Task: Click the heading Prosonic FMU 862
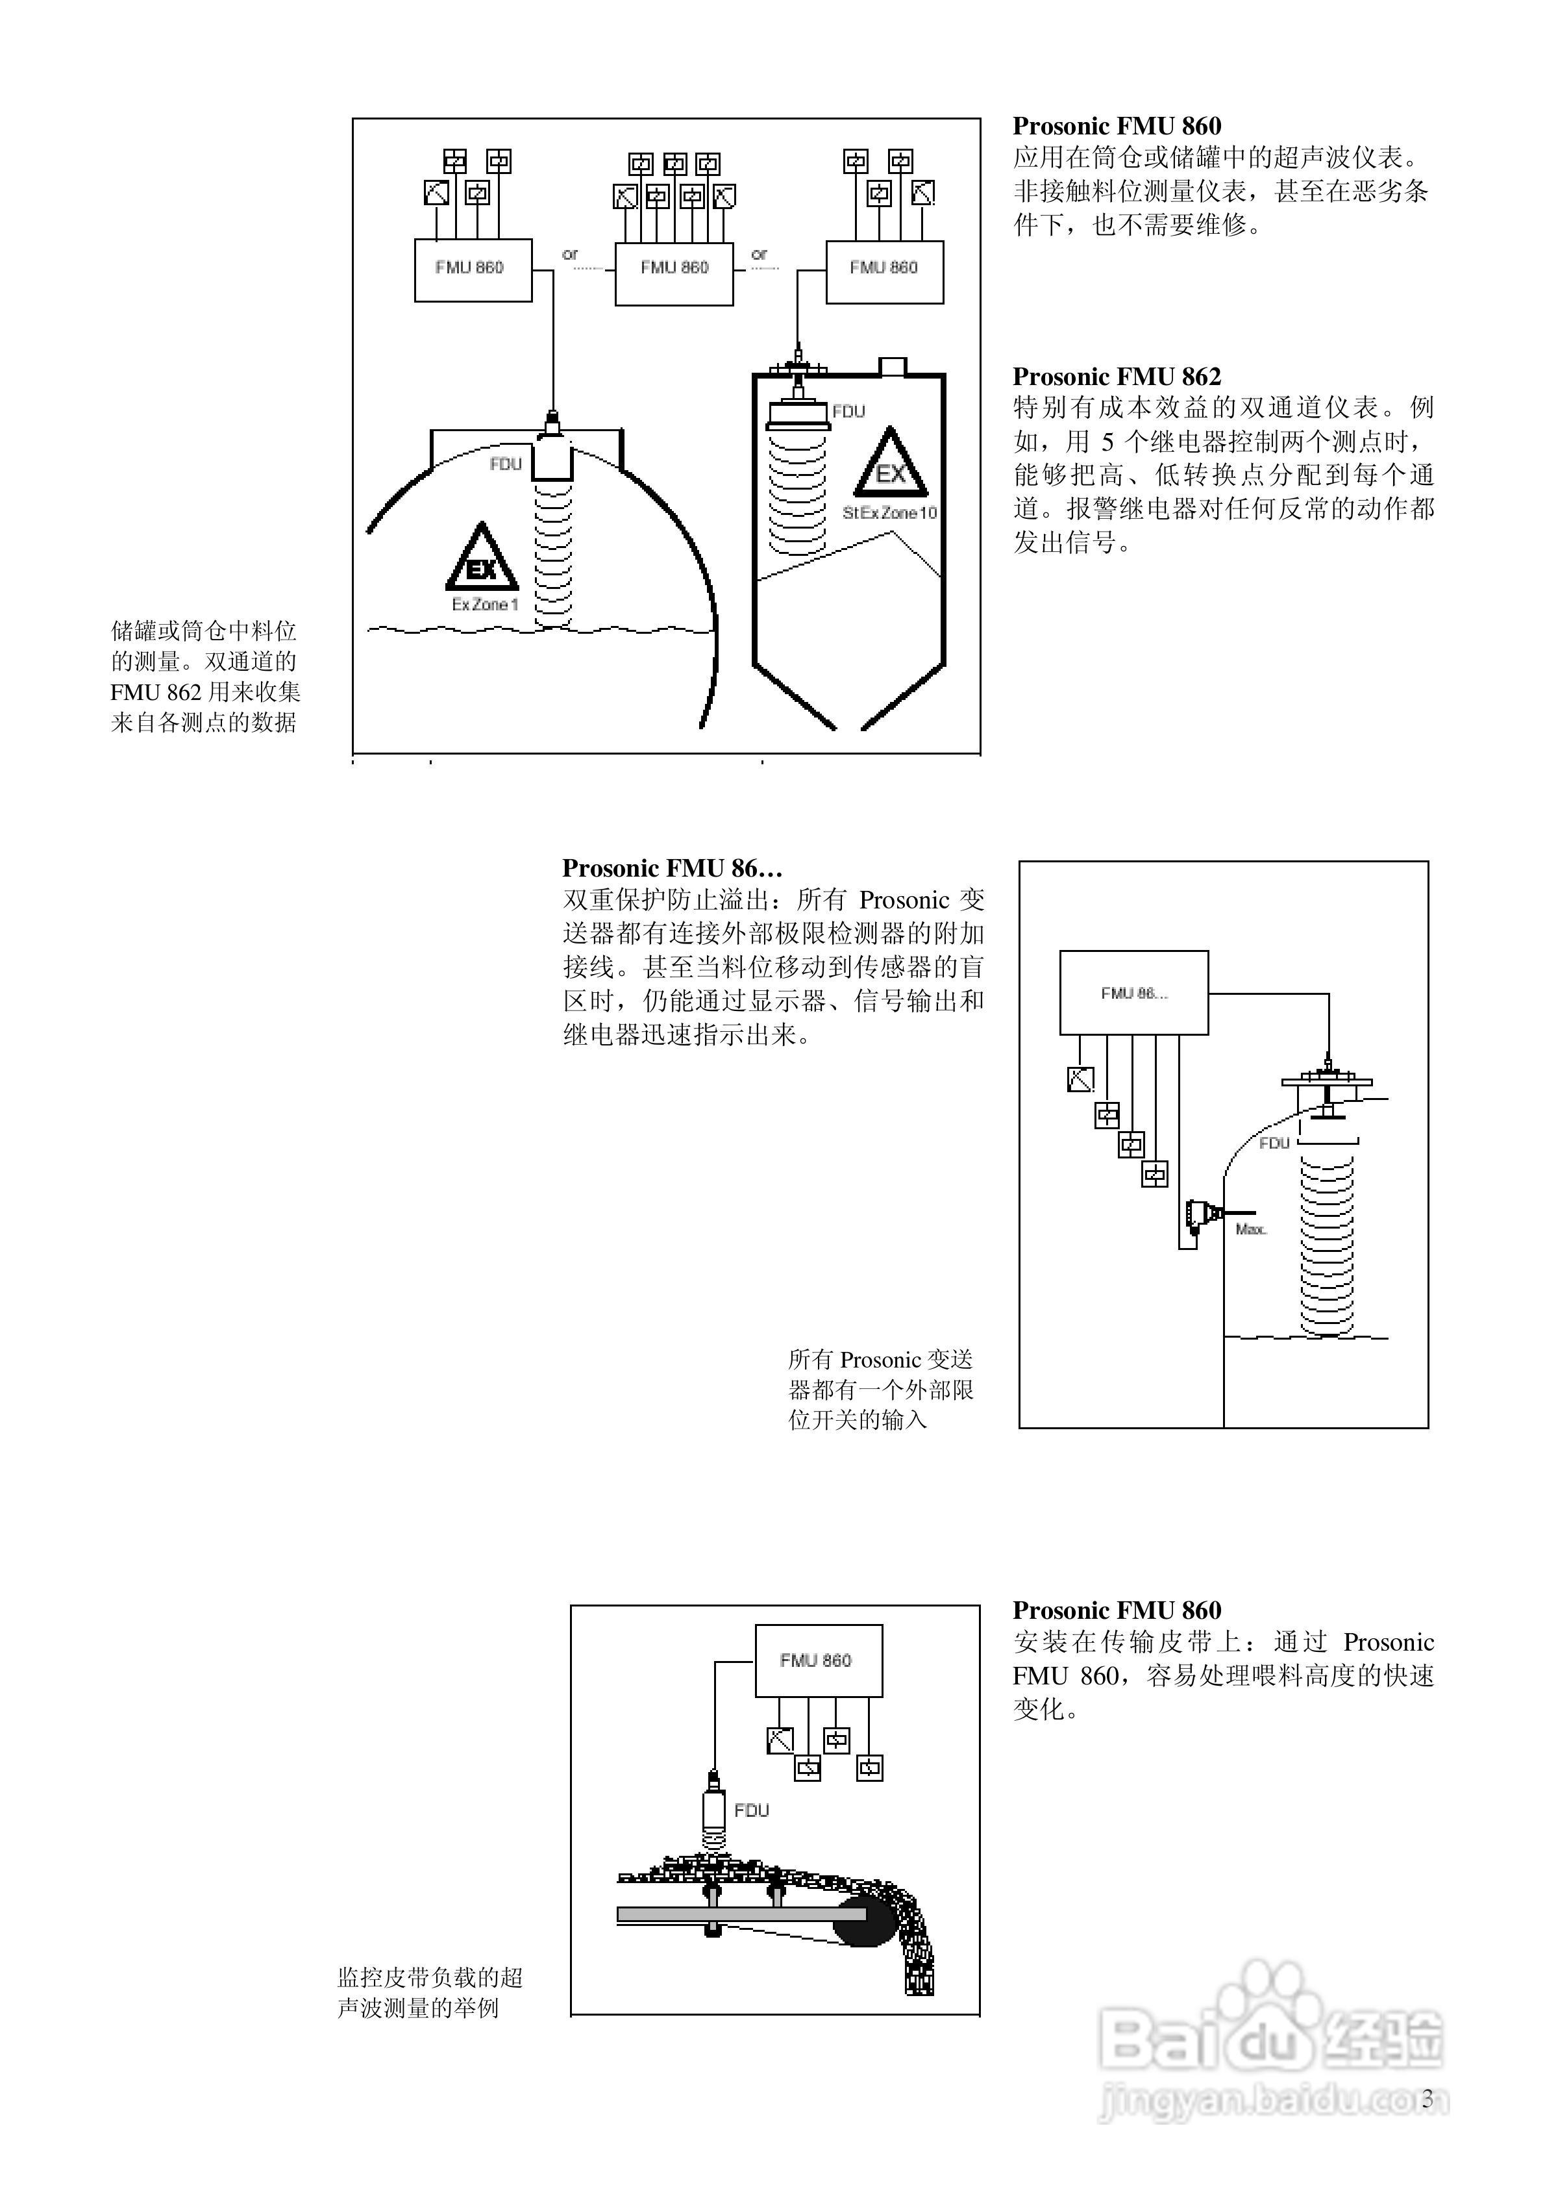tap(1117, 376)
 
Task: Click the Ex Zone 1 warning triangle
tap(482, 558)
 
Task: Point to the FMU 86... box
tap(1133, 993)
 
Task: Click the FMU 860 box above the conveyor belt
tap(818, 1660)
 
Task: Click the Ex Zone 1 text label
tap(485, 605)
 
